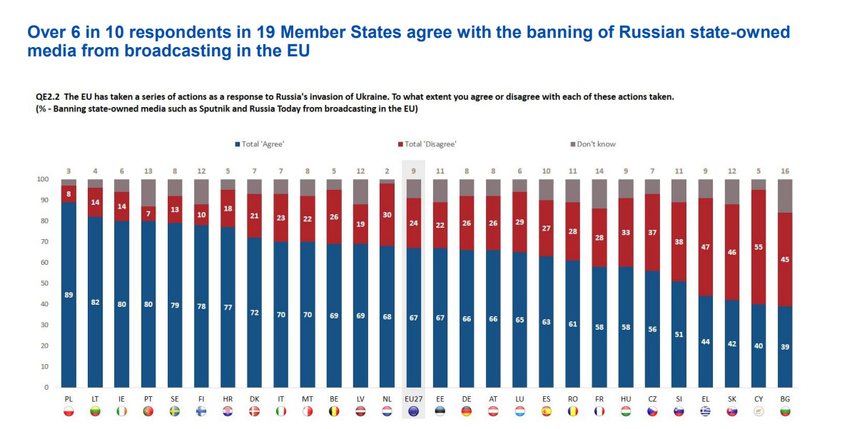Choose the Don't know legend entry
click(x=596, y=144)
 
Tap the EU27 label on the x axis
click(x=414, y=398)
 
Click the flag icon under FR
click(x=599, y=411)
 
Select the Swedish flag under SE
click(x=175, y=411)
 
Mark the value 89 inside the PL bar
click(x=69, y=295)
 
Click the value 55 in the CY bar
click(x=759, y=246)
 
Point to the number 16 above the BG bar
click(x=785, y=171)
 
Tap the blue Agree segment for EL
click(x=706, y=357)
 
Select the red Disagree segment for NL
click(x=387, y=214)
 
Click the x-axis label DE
click(x=467, y=398)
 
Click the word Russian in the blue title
click(x=656, y=32)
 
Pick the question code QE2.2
click(x=49, y=96)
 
